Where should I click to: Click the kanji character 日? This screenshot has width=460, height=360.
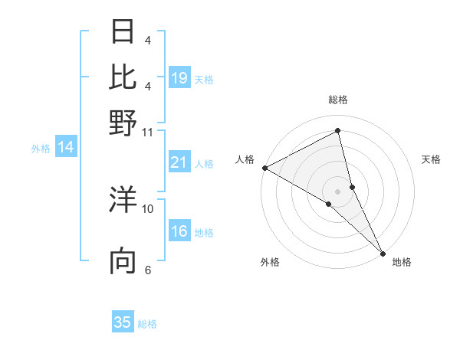pos(123,31)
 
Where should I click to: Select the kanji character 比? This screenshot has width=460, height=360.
pos(123,77)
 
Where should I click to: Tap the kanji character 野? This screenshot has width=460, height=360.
pos(123,122)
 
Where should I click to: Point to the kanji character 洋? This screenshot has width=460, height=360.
pos(123,201)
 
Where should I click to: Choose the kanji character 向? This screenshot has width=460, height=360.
pos(123,261)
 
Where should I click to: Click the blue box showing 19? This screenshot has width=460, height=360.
pos(179,77)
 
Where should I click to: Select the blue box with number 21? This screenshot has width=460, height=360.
pos(179,162)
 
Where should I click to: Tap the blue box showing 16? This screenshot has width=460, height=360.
pos(179,231)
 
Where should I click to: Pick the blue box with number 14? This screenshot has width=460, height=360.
pos(66,148)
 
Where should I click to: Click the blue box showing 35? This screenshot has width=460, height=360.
pos(123,322)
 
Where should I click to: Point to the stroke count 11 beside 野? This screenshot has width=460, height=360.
pos(147,132)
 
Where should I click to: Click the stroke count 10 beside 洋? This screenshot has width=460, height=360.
pos(147,208)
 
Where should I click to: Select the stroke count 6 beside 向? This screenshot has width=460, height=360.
pos(147,270)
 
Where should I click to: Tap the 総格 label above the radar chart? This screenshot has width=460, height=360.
pos(337,100)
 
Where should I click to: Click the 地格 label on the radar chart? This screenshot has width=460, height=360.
pos(402,262)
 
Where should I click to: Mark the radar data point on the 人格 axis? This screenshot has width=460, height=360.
pos(264,168)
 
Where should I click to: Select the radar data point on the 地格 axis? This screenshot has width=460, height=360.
pos(383,252)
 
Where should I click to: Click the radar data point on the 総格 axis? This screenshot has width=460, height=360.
pos(337,131)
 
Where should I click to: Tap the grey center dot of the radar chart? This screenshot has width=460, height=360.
pos(337,191)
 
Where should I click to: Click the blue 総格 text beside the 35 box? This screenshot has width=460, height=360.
pos(147,324)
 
